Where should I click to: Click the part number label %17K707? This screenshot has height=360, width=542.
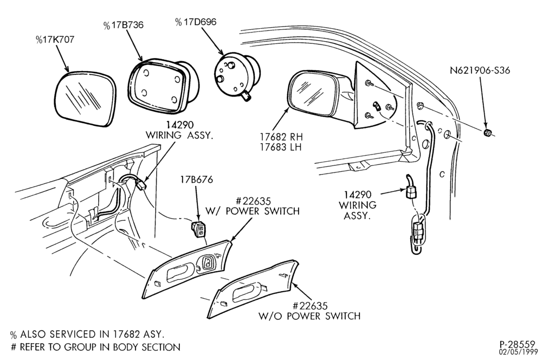click(x=55, y=40)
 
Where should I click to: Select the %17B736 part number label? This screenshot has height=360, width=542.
click(x=124, y=25)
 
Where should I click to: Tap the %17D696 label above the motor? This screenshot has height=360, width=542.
click(x=196, y=22)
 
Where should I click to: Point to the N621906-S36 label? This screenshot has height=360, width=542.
click(x=480, y=70)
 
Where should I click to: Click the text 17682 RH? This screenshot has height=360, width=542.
click(x=281, y=137)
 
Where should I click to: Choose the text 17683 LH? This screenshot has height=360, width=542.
click(x=281, y=147)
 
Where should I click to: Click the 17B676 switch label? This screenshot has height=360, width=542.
click(x=196, y=180)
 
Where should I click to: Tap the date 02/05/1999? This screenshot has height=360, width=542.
click(x=518, y=352)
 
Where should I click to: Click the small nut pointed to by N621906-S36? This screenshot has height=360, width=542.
click(x=487, y=132)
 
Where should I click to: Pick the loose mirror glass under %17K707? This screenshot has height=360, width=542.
click(x=85, y=99)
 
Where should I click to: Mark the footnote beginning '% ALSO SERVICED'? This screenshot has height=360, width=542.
click(x=87, y=334)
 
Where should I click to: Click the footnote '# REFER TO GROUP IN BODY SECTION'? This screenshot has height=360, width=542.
click(x=95, y=347)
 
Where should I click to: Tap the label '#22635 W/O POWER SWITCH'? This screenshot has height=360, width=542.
click(x=309, y=311)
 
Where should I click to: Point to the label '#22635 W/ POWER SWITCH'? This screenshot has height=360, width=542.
click(x=253, y=206)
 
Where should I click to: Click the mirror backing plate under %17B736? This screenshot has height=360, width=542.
click(x=163, y=86)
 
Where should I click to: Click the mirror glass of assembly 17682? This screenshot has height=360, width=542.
click(x=312, y=92)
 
